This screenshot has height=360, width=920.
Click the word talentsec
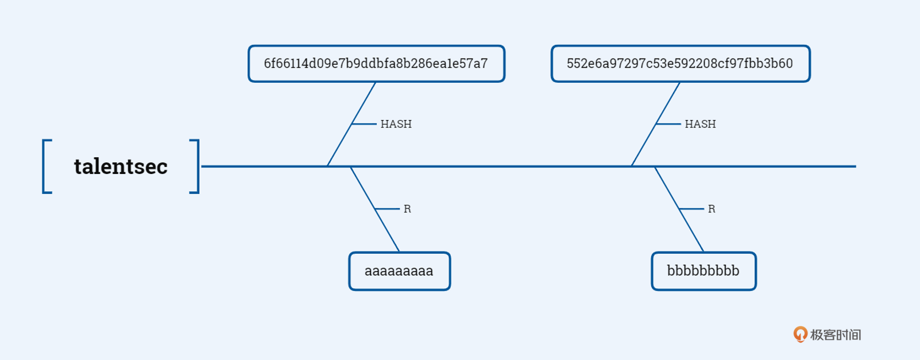pos(121,167)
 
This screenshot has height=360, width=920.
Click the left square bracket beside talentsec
pos(45,167)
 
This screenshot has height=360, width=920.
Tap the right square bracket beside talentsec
pos(196,167)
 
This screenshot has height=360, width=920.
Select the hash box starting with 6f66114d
pos(376,64)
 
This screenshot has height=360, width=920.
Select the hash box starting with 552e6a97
pos(680,64)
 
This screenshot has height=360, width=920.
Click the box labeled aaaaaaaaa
pos(399,271)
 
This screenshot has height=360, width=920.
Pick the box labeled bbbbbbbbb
pos(703,271)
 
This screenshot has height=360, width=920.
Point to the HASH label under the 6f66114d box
pos(396,124)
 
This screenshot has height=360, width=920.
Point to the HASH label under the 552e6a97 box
pos(700,124)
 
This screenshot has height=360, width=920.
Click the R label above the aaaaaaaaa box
pos(407,209)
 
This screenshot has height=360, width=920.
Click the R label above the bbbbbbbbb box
pos(712,209)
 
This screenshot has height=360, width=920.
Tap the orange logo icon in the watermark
pos(800,334)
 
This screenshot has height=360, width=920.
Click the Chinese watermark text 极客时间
pos(836,335)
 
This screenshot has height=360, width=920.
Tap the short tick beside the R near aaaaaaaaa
pos(388,209)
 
